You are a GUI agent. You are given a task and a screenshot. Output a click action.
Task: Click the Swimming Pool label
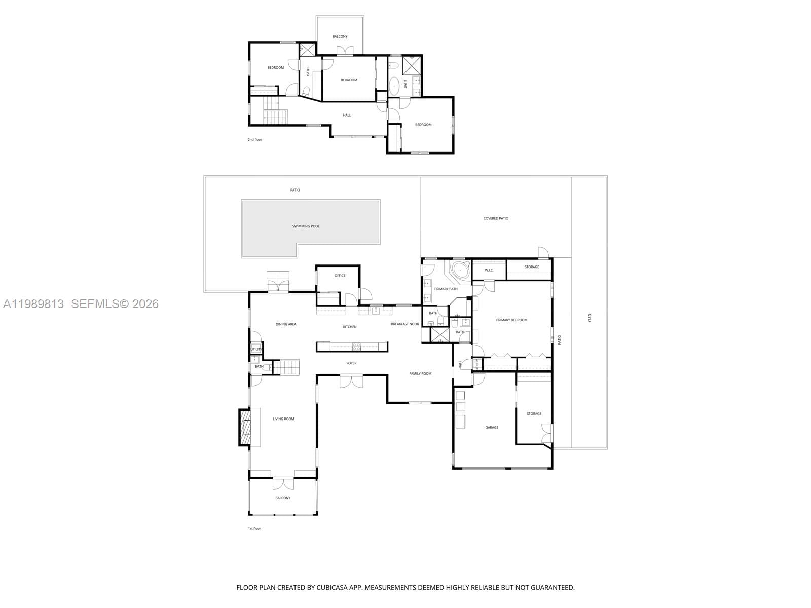click(306, 226)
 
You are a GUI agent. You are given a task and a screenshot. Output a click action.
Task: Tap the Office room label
click(340, 276)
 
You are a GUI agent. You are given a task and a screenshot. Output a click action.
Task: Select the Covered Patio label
click(496, 218)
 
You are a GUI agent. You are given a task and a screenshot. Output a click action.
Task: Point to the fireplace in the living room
click(245, 428)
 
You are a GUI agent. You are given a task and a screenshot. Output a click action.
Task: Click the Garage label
click(492, 427)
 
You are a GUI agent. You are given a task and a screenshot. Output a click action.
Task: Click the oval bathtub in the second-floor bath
click(394, 86)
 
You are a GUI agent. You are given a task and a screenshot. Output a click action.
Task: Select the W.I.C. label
click(489, 270)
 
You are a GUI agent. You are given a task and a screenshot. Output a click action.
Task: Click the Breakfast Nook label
click(404, 324)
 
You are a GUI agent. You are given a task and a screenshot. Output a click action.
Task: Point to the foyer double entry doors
click(351, 381)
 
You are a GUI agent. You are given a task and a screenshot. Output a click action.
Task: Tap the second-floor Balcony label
click(340, 36)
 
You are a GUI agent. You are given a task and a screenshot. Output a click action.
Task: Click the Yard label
click(590, 318)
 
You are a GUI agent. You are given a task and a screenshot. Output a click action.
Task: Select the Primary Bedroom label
click(511, 320)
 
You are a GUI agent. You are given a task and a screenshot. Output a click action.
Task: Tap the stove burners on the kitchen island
click(357, 347)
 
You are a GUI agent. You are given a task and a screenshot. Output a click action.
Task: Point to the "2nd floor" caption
click(254, 139)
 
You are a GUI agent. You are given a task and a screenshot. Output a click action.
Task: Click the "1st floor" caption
click(254, 528)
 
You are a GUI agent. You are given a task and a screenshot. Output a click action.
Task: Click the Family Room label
click(420, 373)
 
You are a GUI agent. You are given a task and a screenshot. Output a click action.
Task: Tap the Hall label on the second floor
click(347, 115)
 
